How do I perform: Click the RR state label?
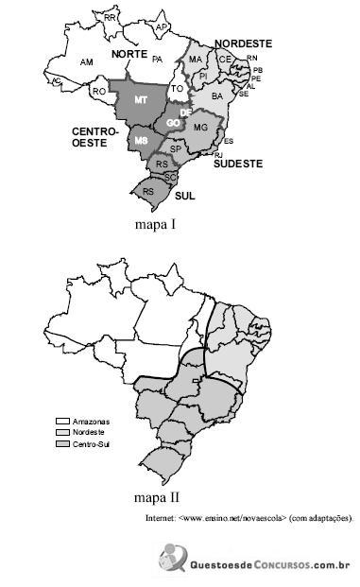111,18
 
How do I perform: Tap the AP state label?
162,27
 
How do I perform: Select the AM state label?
87,61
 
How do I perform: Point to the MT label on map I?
140,99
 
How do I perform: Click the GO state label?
173,123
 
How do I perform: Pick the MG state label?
200,127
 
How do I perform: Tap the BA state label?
217,96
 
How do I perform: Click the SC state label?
170,177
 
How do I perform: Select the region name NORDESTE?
243,43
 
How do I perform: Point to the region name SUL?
185,196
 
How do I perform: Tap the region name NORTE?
129,55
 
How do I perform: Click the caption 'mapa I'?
155,225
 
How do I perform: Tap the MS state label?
141,140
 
